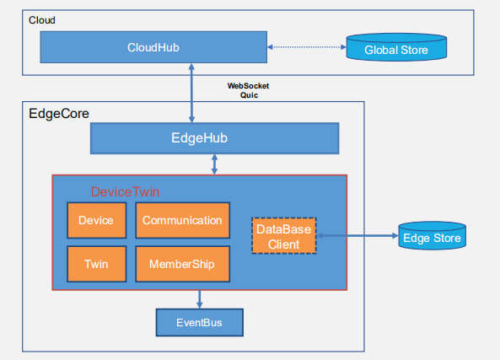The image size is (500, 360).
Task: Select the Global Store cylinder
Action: click(395, 49)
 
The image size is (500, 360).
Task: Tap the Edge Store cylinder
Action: click(431, 238)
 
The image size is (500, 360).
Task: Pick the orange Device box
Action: click(95, 220)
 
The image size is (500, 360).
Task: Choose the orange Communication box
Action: click(182, 220)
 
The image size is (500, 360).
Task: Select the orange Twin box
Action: click(95, 264)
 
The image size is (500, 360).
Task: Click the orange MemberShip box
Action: click(182, 264)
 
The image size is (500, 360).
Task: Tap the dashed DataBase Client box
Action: click(283, 236)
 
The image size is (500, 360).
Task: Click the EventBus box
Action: click(199, 322)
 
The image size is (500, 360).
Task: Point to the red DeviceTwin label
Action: click(125, 192)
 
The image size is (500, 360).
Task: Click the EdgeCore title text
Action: click(59, 113)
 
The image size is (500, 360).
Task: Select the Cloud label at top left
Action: click(42, 19)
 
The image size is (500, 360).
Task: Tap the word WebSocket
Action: click(249, 86)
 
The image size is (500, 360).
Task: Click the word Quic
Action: click(249, 95)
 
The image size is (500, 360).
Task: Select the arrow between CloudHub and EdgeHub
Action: click(194, 93)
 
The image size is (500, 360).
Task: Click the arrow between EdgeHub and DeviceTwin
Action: click(214, 164)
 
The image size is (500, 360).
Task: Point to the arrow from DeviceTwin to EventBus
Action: click(199, 298)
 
